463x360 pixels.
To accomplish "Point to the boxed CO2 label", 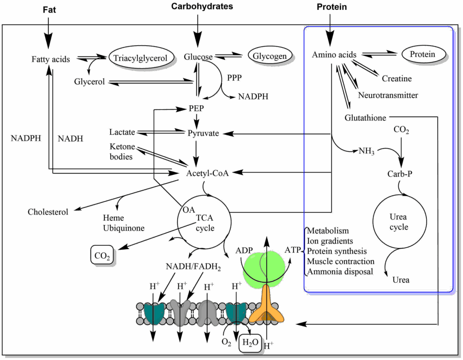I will click(102, 256).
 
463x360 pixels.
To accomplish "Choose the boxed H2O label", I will click(250, 342).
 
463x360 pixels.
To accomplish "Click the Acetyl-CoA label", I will click(208, 173).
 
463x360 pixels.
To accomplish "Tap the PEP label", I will click(197, 109).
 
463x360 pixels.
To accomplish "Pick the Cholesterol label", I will click(48, 212).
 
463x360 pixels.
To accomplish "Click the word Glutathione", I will click(365, 118).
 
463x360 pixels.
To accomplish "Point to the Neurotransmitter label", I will click(388, 95).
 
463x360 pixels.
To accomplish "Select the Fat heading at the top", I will click(49, 9).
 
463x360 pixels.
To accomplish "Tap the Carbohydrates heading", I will click(202, 6).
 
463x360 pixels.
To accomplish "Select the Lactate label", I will click(122, 132).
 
